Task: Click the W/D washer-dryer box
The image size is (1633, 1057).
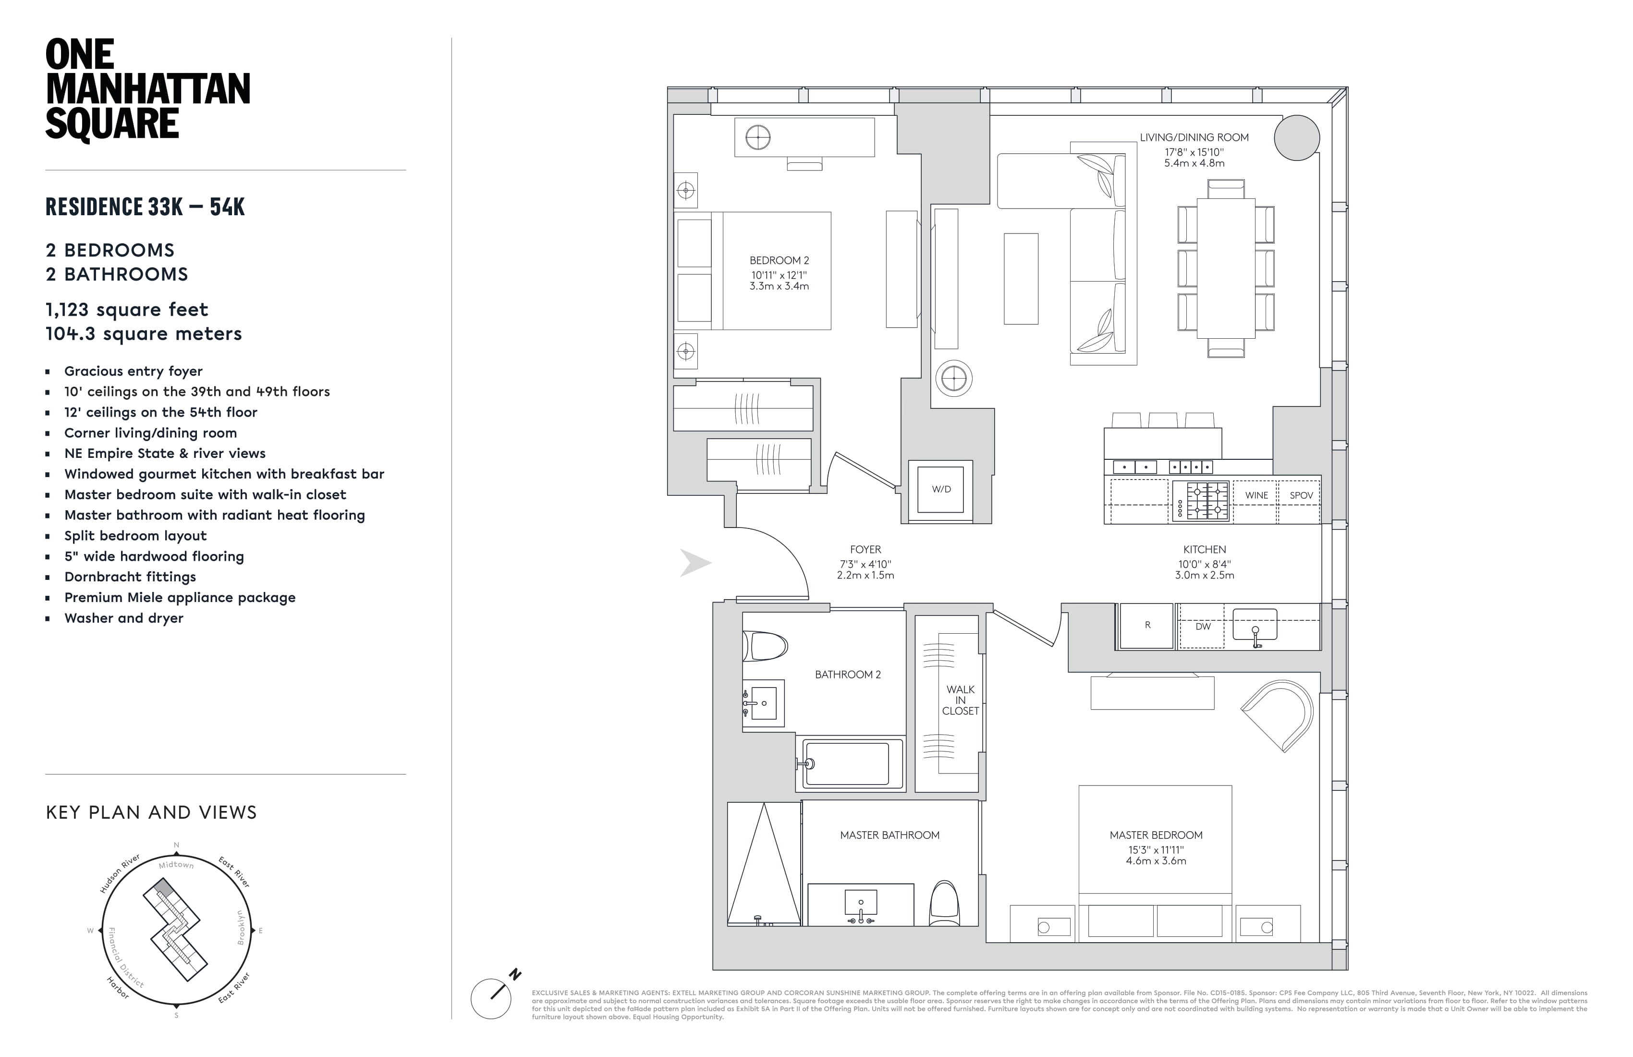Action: (x=941, y=490)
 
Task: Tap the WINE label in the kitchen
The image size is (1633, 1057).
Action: (x=1256, y=495)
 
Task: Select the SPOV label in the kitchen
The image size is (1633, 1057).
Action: (x=1301, y=495)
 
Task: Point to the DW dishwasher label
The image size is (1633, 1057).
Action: (x=1203, y=626)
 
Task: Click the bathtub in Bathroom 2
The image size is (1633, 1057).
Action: (x=848, y=763)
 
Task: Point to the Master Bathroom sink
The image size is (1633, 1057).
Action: (x=860, y=905)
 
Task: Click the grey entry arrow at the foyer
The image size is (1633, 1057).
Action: (x=695, y=563)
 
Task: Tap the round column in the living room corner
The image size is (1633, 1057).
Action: (x=1297, y=137)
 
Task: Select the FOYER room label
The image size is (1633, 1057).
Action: (x=865, y=549)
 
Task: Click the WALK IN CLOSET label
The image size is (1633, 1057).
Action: (x=960, y=700)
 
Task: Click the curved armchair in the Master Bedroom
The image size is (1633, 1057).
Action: (x=1280, y=714)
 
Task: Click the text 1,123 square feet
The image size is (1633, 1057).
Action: (x=127, y=309)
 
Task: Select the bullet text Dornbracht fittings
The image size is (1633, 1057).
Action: (x=130, y=577)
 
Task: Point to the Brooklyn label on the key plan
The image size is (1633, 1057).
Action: (x=241, y=927)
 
